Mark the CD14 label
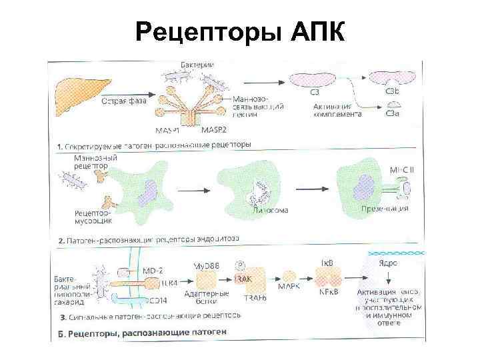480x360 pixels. coord(157,297)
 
